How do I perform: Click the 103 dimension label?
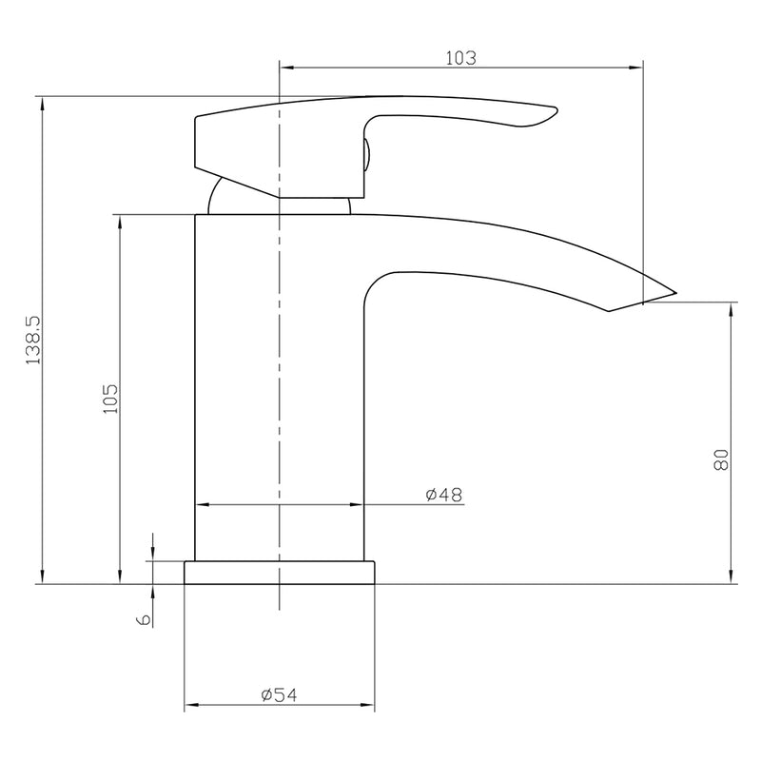(461, 58)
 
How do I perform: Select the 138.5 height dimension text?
(34, 341)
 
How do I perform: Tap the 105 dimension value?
(110, 399)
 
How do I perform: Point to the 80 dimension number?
(721, 459)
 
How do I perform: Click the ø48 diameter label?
(444, 495)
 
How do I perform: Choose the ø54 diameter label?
(279, 695)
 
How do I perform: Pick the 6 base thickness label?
(145, 619)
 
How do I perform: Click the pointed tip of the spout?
(675, 293)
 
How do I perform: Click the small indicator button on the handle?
(367, 154)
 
